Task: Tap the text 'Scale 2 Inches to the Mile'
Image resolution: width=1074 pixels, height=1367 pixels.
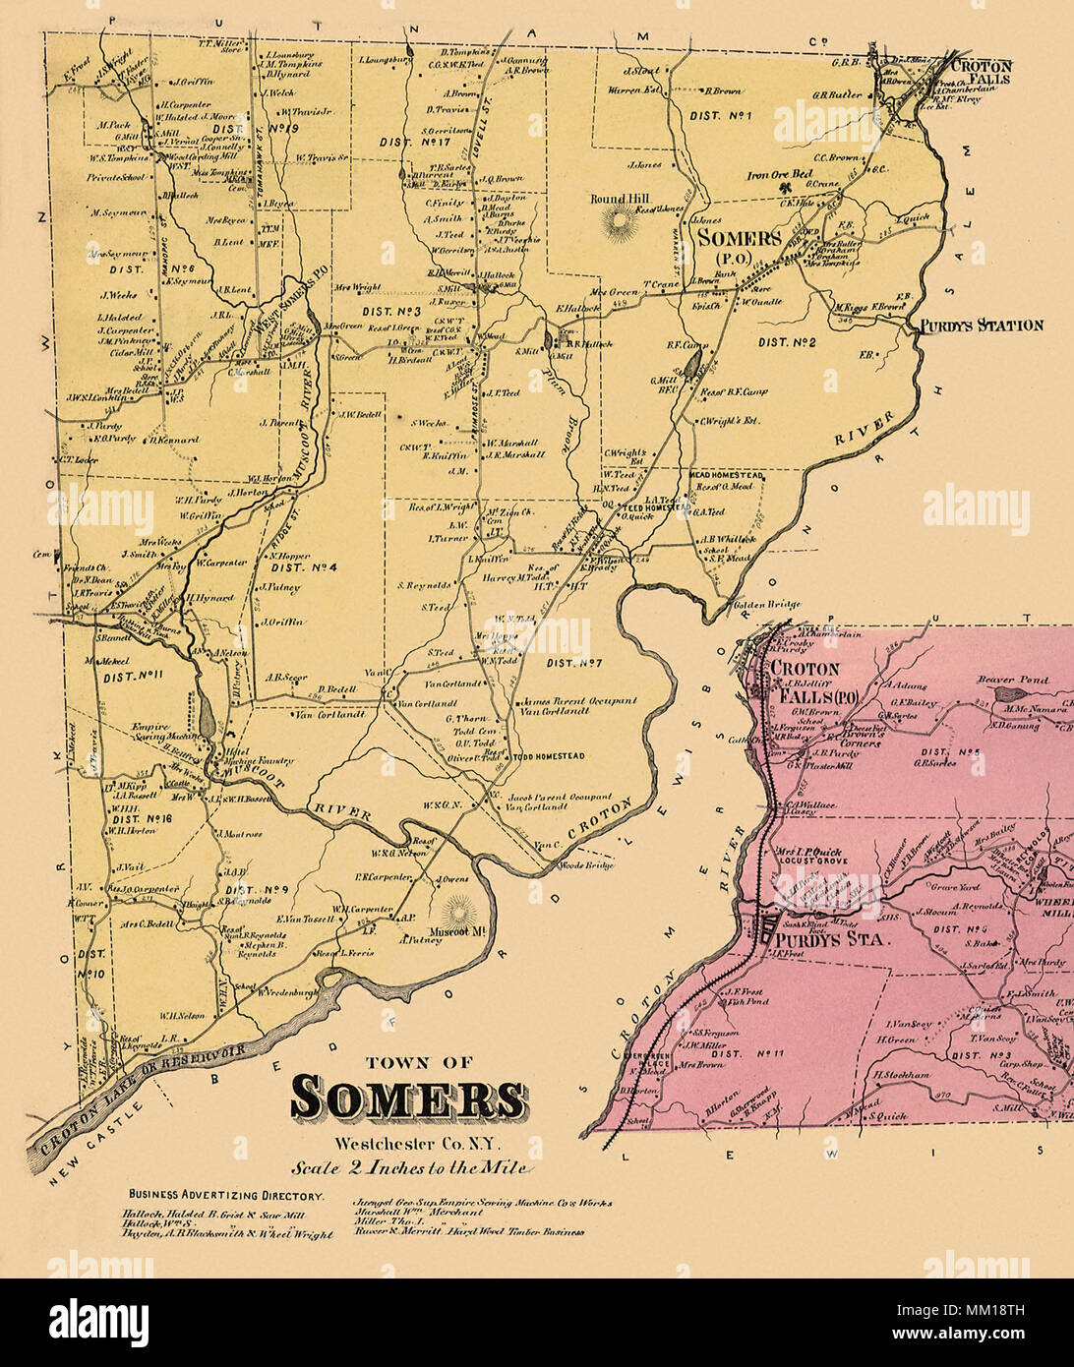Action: pyautogui.click(x=408, y=1168)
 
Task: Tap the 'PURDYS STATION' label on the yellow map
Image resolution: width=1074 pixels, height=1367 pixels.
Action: pyautogui.click(x=981, y=325)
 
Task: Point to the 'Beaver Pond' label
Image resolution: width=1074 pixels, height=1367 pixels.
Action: pyautogui.click(x=1012, y=680)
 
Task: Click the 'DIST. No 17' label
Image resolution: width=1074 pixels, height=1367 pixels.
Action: pyautogui.click(x=407, y=142)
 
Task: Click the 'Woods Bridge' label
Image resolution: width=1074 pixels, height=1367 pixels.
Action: pyautogui.click(x=586, y=864)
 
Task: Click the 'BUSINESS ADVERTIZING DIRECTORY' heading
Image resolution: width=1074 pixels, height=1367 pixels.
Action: pyautogui.click(x=225, y=1195)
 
